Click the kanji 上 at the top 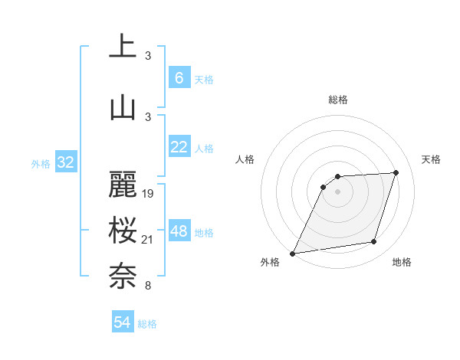(x=123, y=47)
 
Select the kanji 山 (x=123, y=107)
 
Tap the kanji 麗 (x=123, y=185)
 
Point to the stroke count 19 (x=148, y=194)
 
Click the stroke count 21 (x=148, y=241)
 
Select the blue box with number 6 (x=179, y=78)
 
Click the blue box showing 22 (x=179, y=148)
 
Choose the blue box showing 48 (x=179, y=231)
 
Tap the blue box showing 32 (x=65, y=162)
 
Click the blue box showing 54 (x=122, y=322)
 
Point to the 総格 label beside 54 (x=147, y=324)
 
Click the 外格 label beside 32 (x=41, y=163)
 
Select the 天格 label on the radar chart (x=432, y=159)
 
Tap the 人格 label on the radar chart (x=245, y=159)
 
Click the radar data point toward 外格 (x=292, y=253)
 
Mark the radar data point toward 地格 (x=374, y=242)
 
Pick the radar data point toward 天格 (x=396, y=172)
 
